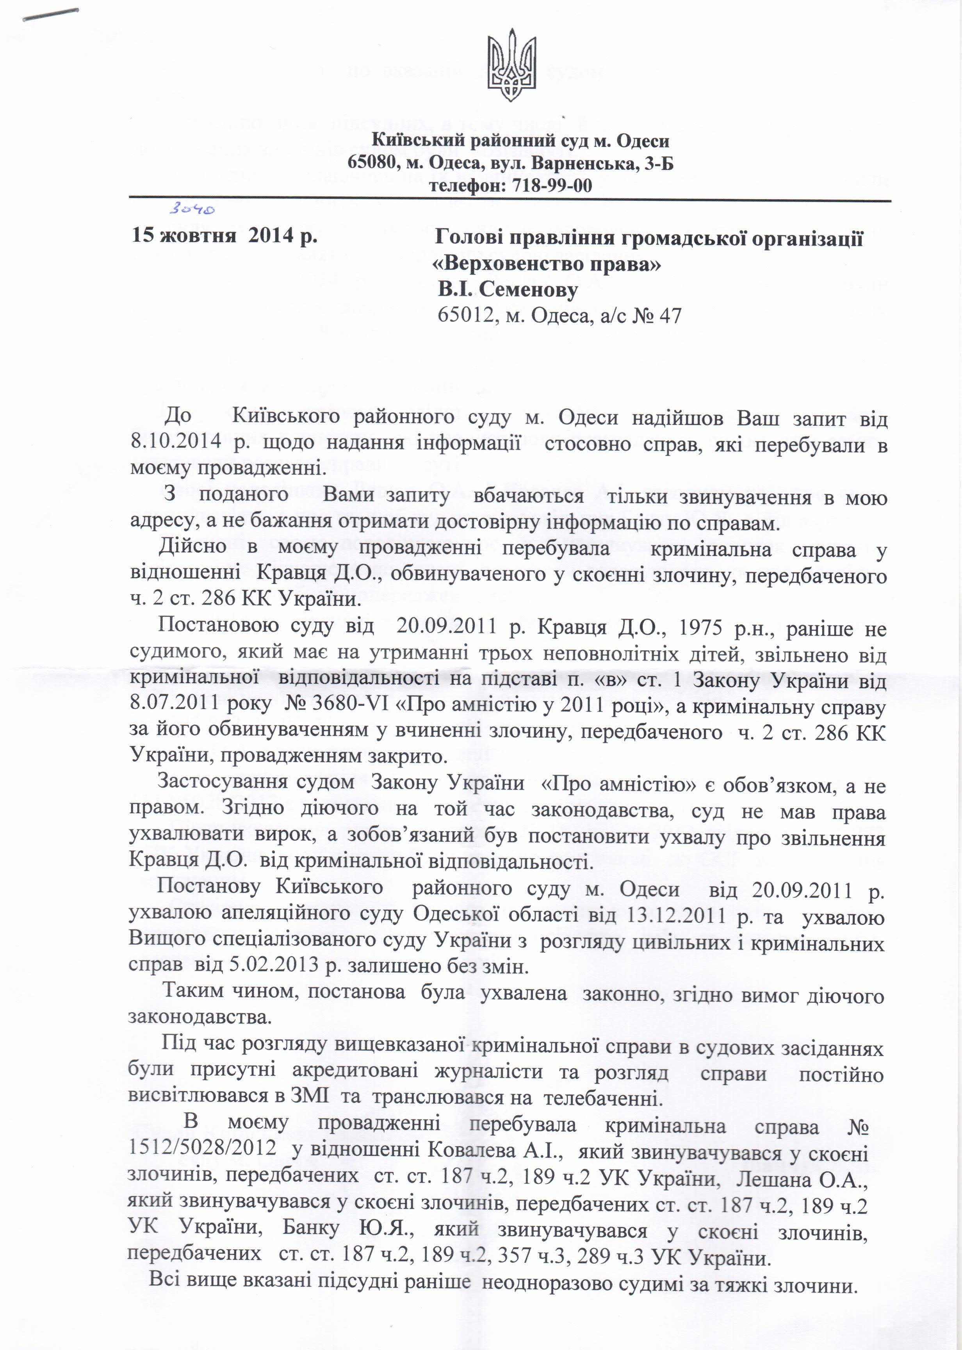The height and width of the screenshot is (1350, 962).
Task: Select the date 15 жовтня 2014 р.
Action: [224, 235]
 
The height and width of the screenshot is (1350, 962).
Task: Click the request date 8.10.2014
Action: [175, 441]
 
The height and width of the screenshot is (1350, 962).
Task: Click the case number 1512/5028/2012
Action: [202, 1147]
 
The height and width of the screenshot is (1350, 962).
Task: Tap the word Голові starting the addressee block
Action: [468, 237]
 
